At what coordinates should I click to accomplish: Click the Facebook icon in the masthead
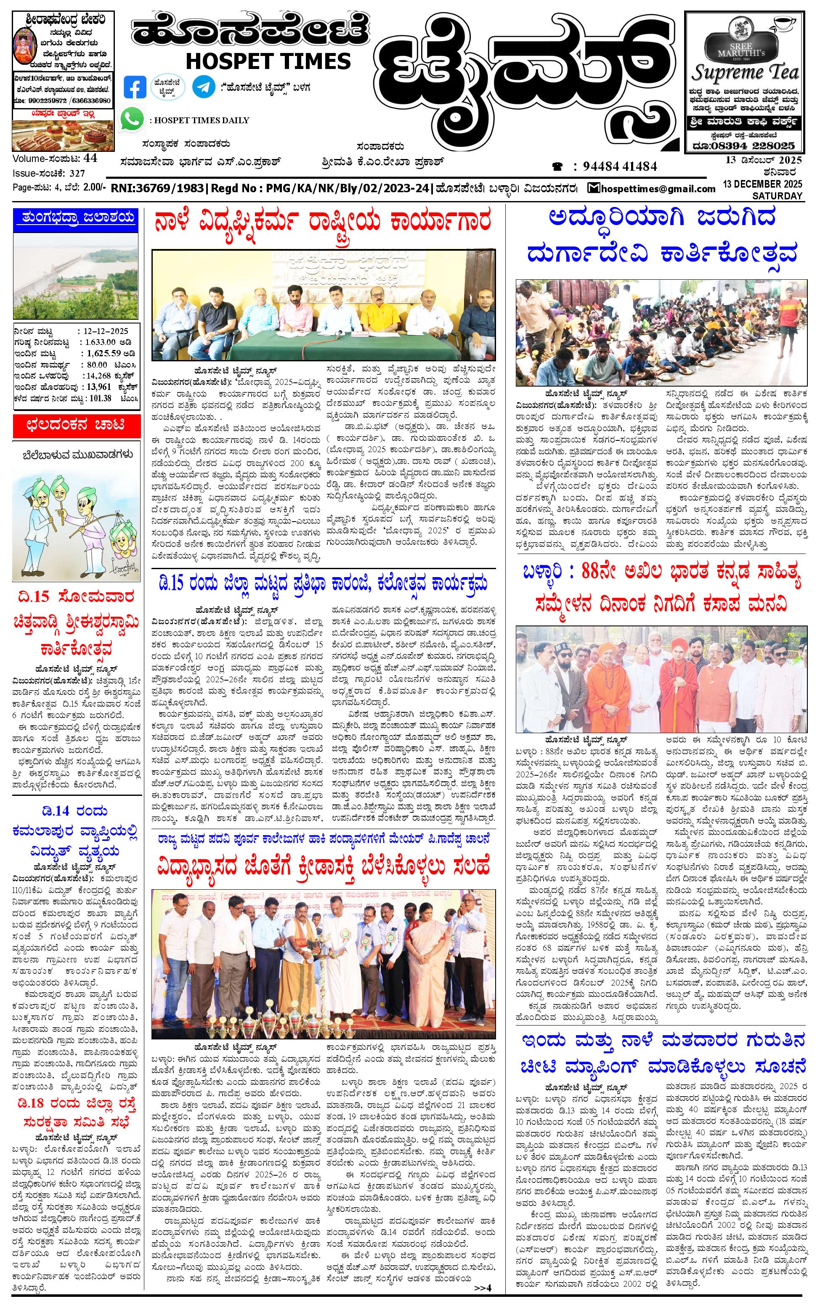click(x=135, y=87)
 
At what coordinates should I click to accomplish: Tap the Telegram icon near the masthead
click(x=202, y=87)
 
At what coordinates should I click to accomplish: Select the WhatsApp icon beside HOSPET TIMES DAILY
click(x=133, y=119)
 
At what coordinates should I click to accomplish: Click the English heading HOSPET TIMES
click(x=268, y=60)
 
